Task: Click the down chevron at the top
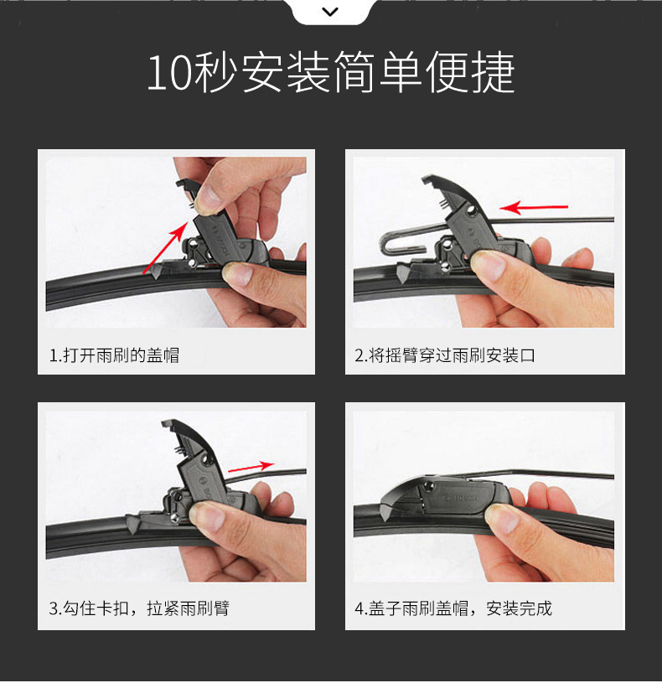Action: pos(330,12)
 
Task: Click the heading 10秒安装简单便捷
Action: pos(331,72)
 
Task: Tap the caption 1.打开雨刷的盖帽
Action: pos(114,355)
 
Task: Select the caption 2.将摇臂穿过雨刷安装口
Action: pos(445,355)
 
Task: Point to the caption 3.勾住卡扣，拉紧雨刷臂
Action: pos(139,608)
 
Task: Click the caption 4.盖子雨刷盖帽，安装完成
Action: pos(453,608)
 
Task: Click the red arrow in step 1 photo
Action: pos(166,247)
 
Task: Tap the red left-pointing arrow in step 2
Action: pos(534,207)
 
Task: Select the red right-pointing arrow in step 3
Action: pos(251,467)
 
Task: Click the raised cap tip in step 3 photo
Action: pos(168,423)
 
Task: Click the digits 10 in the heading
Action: pos(170,73)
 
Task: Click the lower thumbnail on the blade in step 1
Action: pos(238,274)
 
